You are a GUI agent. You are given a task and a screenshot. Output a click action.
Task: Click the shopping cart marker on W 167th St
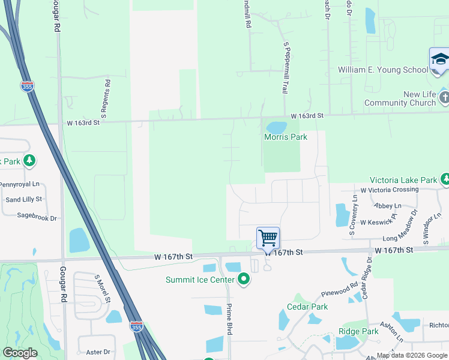click(x=268, y=238)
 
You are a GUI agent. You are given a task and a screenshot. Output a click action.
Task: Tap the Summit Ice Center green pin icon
click(x=244, y=279)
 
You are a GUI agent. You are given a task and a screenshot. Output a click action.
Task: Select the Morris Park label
click(x=286, y=137)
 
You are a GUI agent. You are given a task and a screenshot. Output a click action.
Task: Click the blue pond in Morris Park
click(x=276, y=127)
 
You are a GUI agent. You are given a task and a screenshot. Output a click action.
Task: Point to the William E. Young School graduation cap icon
click(x=439, y=61)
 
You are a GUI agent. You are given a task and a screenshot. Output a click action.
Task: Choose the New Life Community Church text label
click(x=403, y=98)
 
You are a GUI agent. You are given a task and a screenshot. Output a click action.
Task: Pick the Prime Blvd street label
click(x=229, y=319)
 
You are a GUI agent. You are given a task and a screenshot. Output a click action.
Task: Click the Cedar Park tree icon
click(x=298, y=298)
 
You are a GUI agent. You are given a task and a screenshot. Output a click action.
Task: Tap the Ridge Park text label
click(x=358, y=331)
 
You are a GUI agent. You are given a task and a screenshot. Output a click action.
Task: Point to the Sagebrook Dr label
click(x=37, y=217)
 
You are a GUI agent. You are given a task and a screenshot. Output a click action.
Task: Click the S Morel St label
click(x=100, y=289)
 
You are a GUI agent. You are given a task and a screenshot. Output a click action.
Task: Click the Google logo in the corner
click(x=20, y=353)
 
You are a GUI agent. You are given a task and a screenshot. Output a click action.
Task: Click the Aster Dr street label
click(x=98, y=352)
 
